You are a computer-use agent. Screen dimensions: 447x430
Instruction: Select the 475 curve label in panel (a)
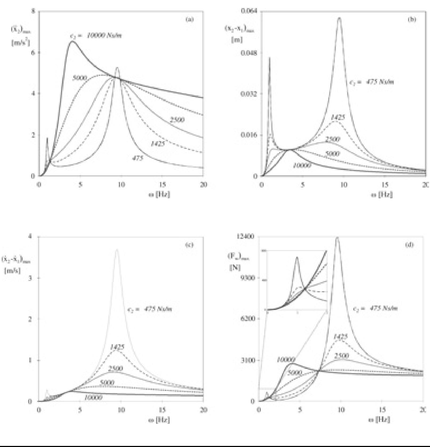(x=138, y=158)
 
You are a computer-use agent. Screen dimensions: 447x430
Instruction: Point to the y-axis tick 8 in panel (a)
(x=33, y=11)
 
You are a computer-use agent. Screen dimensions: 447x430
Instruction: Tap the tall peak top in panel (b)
(x=339, y=18)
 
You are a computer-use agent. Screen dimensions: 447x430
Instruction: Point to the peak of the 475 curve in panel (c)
(x=117, y=250)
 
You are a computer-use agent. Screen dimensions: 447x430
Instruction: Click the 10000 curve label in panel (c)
(x=93, y=398)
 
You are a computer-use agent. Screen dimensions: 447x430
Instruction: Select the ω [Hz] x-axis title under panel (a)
(x=159, y=194)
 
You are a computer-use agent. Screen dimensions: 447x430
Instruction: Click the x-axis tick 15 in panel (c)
(x=162, y=410)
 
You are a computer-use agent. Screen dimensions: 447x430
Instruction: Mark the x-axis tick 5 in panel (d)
(x=300, y=410)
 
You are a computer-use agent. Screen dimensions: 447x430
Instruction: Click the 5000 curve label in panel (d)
(x=295, y=372)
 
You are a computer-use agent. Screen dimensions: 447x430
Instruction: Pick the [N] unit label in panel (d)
(x=235, y=268)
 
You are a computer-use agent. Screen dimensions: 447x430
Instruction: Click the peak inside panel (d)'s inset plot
(x=297, y=258)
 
